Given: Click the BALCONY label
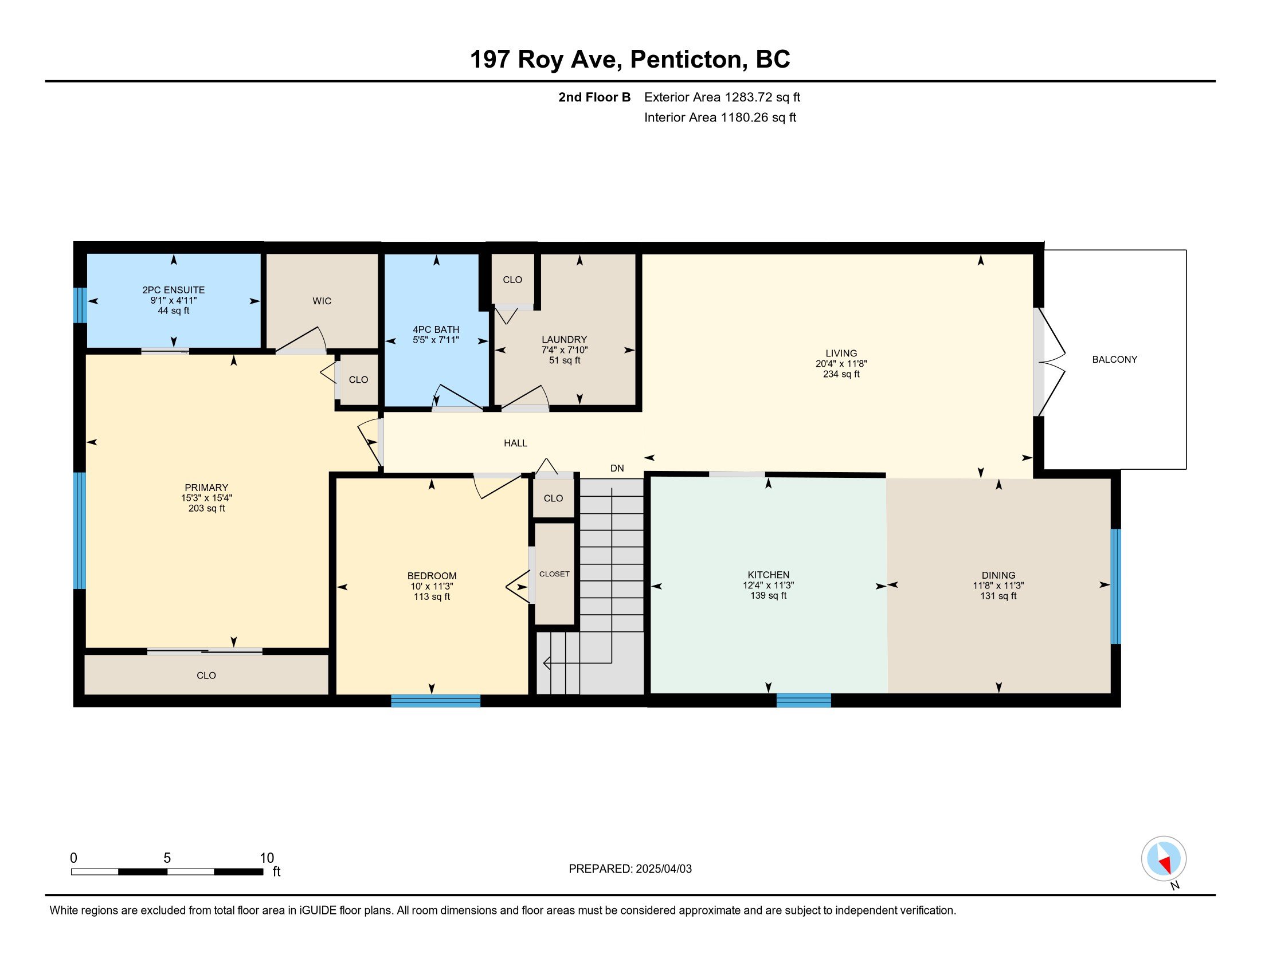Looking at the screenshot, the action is (x=1114, y=359).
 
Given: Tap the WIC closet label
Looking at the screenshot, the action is (x=322, y=301).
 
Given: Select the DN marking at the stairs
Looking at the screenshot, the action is (x=617, y=468).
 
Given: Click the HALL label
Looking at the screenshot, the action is (x=516, y=443).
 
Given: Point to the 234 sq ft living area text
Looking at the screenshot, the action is (x=841, y=374).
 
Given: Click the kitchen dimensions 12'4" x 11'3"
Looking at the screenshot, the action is (x=769, y=585).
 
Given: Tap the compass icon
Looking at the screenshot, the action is (x=1164, y=858).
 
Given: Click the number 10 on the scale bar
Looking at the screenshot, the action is (x=267, y=858).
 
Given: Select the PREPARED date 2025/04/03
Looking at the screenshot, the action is (x=663, y=869).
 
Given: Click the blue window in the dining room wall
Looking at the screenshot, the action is (x=1116, y=586).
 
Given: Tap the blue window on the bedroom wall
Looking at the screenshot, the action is (x=436, y=701).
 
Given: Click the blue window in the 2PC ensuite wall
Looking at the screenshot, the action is (x=80, y=305).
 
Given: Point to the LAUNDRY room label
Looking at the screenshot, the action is (x=564, y=340).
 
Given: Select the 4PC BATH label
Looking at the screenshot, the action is (x=436, y=329).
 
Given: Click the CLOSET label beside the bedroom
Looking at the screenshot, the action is (x=554, y=574).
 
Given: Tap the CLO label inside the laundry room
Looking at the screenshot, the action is (x=512, y=280).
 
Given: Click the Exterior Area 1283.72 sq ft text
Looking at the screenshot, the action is (x=722, y=97).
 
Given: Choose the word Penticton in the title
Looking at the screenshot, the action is (x=687, y=60).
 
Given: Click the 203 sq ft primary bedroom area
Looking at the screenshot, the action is (x=207, y=508).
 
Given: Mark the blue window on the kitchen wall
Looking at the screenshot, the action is (x=804, y=701).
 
